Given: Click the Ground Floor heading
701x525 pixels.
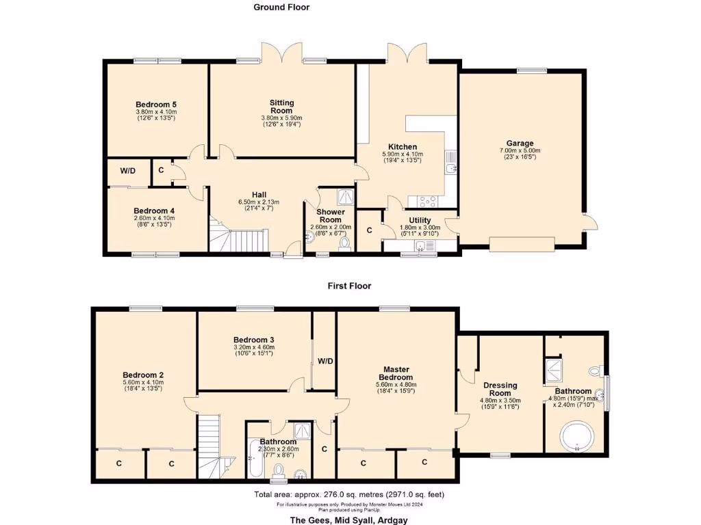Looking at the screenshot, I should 281,8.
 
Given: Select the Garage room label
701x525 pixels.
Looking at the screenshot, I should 520,144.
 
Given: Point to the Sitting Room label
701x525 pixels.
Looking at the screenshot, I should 281,107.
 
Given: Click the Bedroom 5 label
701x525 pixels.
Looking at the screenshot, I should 156,105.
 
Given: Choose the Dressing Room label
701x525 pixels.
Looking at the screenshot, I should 500,390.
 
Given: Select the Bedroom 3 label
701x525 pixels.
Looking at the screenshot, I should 253,340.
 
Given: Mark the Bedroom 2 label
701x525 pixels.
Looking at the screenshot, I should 143,375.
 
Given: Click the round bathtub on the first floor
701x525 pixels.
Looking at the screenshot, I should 576,438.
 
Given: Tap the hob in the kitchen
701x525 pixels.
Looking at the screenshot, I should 427,201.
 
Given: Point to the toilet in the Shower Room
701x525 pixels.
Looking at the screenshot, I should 344,243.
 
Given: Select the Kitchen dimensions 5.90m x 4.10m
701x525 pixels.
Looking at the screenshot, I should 403,155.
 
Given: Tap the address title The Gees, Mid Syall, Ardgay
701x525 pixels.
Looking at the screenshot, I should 350,518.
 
